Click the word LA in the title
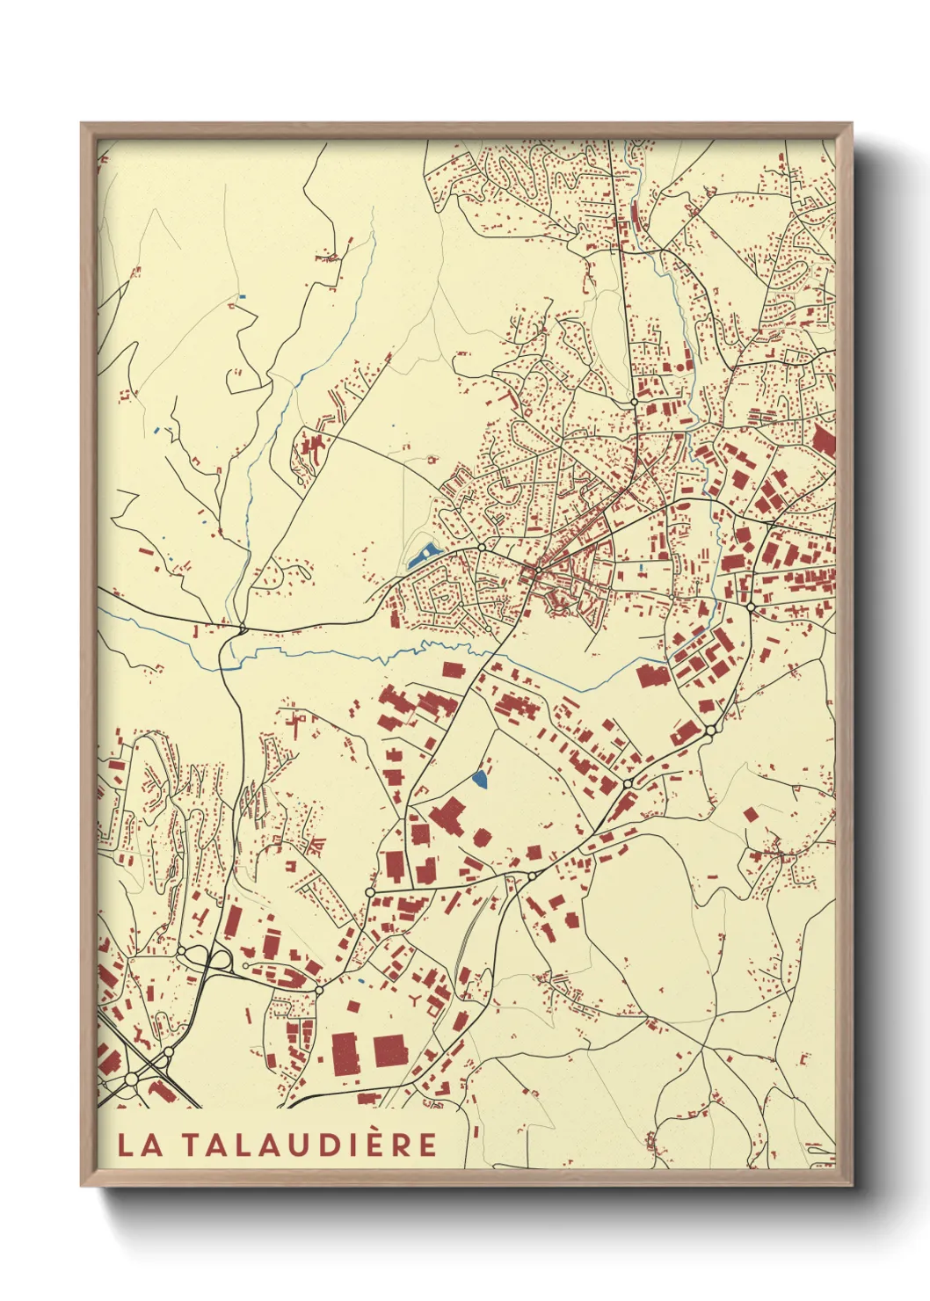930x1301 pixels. coord(133,1145)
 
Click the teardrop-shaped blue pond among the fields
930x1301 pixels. coord(480,778)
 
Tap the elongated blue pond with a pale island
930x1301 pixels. coord(422,556)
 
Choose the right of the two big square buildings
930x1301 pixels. coord(390,1050)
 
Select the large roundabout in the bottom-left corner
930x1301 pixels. coord(132,1078)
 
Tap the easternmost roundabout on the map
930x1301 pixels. coord(750,607)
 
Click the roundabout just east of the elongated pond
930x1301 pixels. coord(482,548)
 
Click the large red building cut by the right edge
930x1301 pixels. coord(824,439)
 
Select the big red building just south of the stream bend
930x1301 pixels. coord(652,676)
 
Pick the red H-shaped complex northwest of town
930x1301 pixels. coord(309,446)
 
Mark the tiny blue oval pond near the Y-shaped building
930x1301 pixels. coord(360,979)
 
